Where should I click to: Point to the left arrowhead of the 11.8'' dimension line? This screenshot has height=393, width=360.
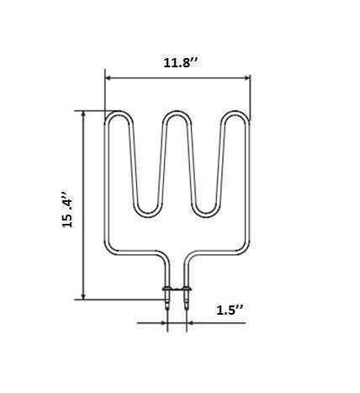coord(109,78)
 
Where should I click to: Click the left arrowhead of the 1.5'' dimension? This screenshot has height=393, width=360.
coord(165,321)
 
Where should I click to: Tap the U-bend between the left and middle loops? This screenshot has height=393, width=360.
coord(147,210)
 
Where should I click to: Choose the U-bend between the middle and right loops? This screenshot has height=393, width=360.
coord(207,210)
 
